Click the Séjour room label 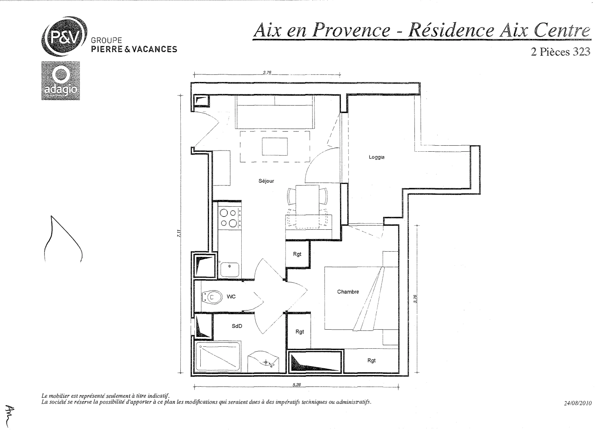coord(266,181)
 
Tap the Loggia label coord(377,157)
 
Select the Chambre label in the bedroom coord(348,292)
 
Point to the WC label coord(231,297)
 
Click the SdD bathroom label coord(237,326)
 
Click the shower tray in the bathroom coord(218,357)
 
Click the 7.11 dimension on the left coord(180,234)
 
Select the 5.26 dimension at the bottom coord(296,385)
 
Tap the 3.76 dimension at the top coord(267,72)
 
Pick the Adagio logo coord(61,80)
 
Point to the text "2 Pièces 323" coord(560,52)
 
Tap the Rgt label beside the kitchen coord(297,254)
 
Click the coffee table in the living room coord(275,147)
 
